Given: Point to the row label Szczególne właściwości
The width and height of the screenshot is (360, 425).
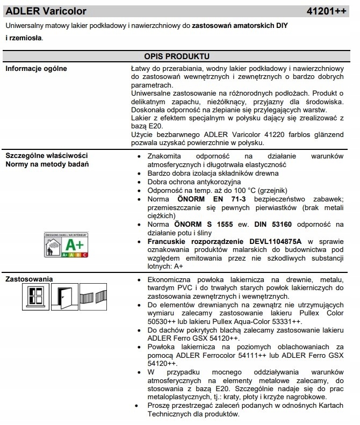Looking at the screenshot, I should pyautogui.click(x=46, y=156).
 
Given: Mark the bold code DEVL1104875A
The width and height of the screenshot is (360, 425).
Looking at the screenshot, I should pyautogui.click(x=275, y=242).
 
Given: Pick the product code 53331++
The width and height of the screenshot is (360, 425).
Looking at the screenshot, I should pyautogui.click(x=281, y=321).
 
